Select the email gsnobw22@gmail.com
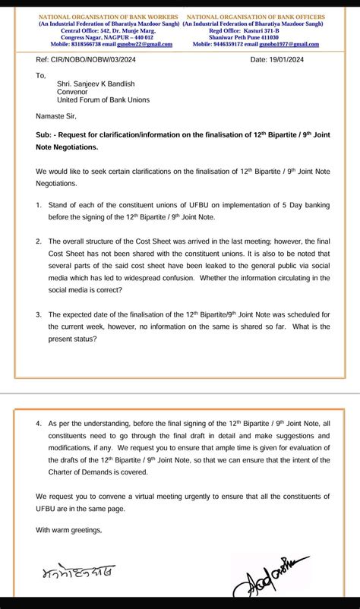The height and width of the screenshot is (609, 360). (147, 44)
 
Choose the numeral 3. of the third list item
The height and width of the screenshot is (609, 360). (39, 314)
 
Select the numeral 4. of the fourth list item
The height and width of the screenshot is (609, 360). (39, 422)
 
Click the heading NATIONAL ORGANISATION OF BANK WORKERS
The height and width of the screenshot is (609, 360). (108, 17)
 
